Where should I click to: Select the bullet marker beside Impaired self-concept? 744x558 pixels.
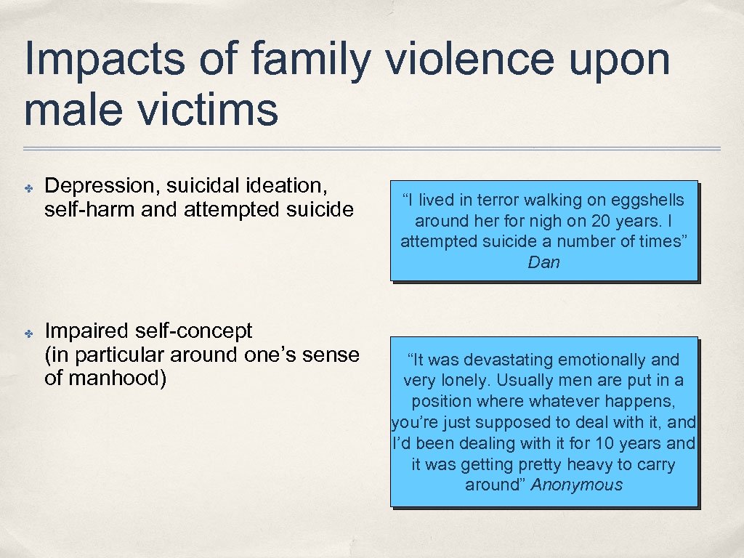pos(27,333)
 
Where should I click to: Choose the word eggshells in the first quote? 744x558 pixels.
pos(647,200)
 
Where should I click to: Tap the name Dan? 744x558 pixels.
pos(544,262)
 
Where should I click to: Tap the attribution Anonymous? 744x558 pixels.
pos(577,485)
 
